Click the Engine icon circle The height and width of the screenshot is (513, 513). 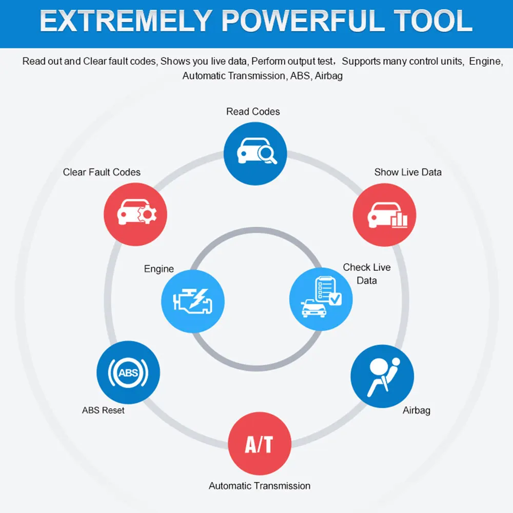[193, 301]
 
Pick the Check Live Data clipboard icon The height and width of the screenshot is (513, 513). [321, 299]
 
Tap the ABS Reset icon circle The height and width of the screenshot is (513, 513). [128, 372]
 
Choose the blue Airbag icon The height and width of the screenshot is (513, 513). [382, 376]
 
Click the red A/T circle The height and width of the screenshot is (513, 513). [259, 444]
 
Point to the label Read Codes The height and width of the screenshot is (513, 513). [253, 111]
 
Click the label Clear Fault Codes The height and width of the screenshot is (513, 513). [102, 172]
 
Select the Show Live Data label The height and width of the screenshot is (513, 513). [408, 172]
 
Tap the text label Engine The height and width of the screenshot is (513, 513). [159, 269]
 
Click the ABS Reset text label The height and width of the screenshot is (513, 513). [103, 410]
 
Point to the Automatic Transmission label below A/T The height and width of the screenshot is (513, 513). [260, 485]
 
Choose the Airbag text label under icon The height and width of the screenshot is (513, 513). [417, 410]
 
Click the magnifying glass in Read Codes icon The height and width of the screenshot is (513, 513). [266, 152]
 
